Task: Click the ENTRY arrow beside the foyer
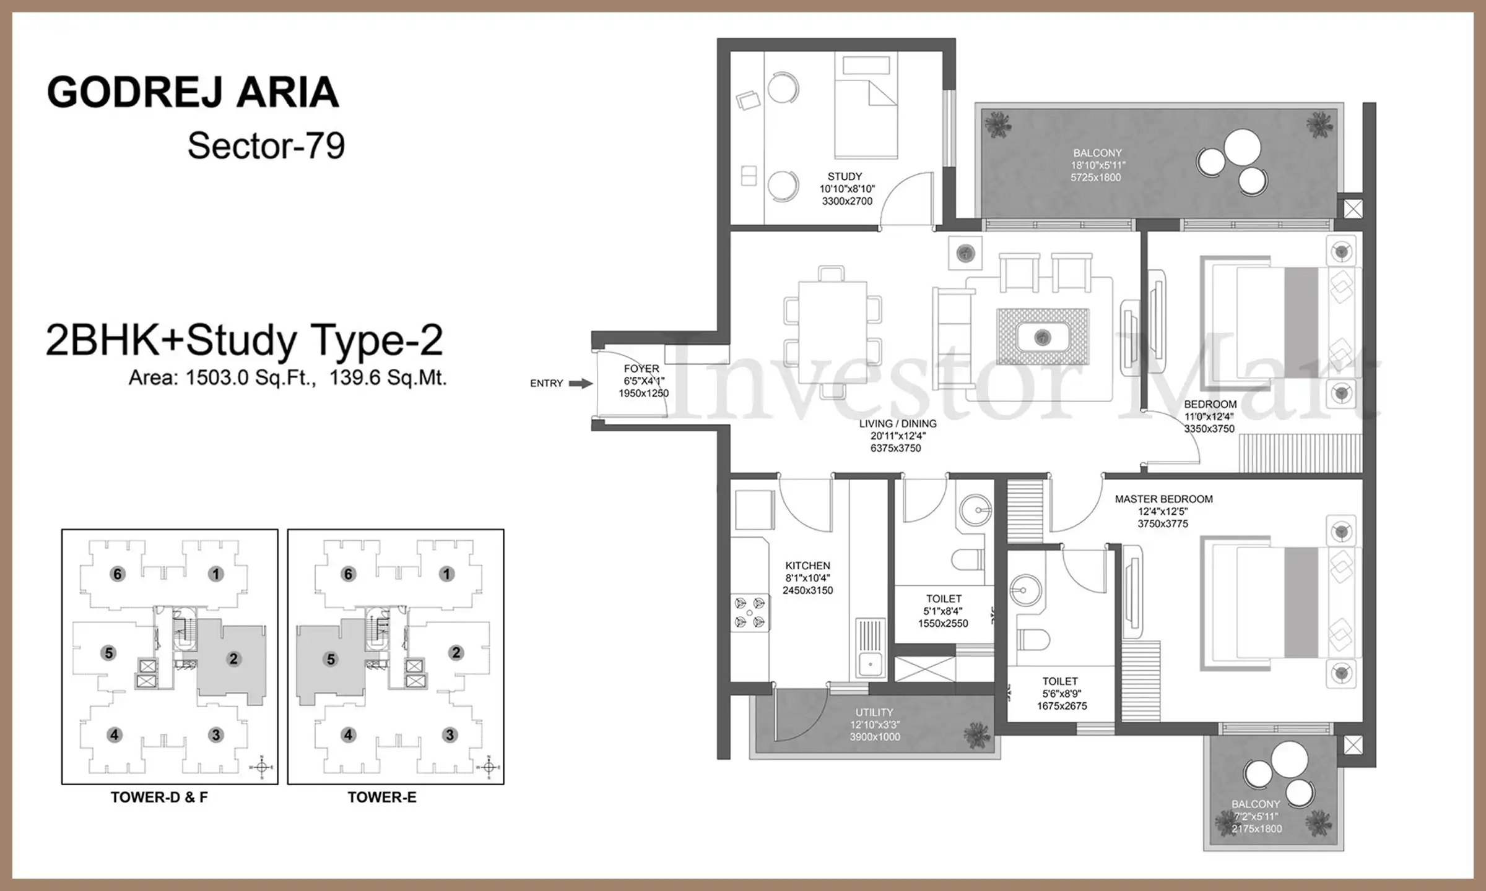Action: point(581,384)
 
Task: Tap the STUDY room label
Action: point(845,176)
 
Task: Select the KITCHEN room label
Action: point(807,566)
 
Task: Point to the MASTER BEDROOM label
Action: point(1163,499)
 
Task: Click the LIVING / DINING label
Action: point(898,424)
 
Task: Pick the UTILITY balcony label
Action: point(874,712)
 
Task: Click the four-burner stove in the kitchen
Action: point(750,613)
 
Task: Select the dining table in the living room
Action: point(833,332)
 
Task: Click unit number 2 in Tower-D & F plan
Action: point(233,658)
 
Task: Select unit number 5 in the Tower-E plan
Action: point(331,659)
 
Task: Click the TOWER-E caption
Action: point(382,797)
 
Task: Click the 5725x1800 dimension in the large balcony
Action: point(1096,178)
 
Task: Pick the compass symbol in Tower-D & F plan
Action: point(261,768)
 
